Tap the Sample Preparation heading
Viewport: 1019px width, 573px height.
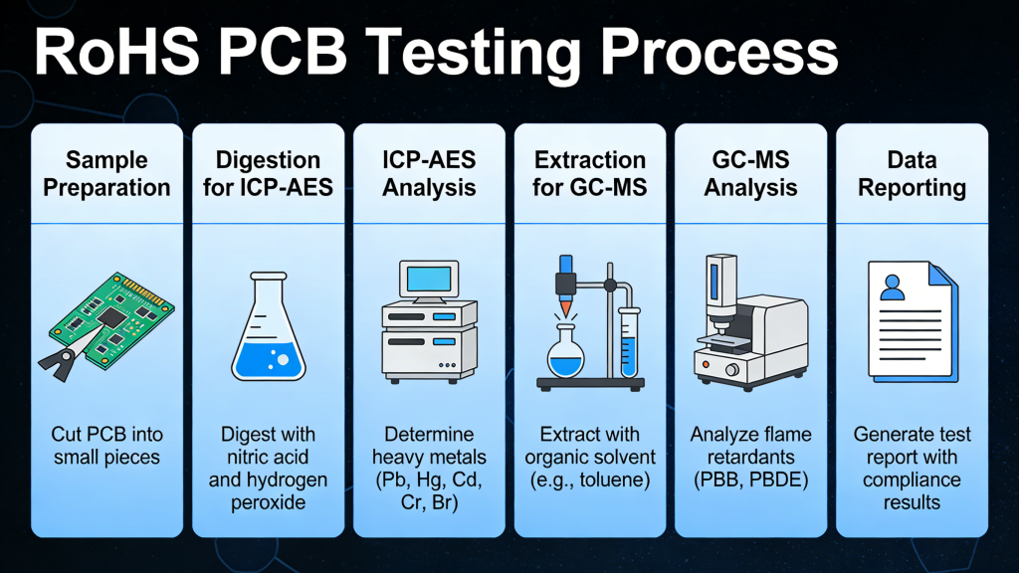point(106,173)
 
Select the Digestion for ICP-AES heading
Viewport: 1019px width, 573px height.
point(268,173)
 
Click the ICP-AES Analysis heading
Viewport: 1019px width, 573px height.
point(429,173)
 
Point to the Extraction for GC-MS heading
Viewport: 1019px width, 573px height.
point(590,173)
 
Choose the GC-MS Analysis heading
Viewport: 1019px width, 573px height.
point(750,173)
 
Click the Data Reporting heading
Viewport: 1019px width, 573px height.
point(912,173)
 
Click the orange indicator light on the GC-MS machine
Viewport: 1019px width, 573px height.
point(707,365)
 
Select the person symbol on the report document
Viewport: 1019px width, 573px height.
point(893,287)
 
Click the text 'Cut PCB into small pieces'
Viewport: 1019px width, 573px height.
point(106,446)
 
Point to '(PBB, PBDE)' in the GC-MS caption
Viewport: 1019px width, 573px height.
point(750,480)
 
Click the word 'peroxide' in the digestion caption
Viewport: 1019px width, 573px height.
point(268,502)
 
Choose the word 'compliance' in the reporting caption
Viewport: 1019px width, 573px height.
point(912,480)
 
